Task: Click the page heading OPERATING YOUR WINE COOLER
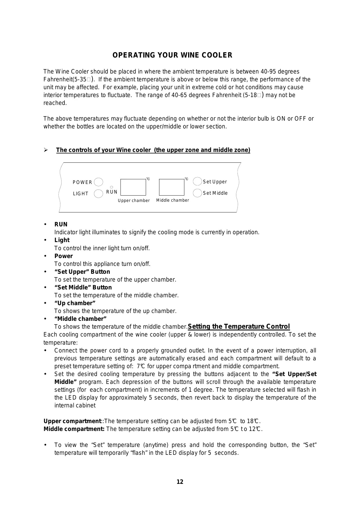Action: pyautogui.click(x=172, y=55)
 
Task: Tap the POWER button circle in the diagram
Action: pyautogui.click(x=99, y=182)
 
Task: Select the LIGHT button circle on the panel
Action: pyautogui.click(x=99, y=194)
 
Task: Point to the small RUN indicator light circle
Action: pyautogui.click(x=111, y=187)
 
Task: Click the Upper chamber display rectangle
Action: pyautogui.click(x=133, y=187)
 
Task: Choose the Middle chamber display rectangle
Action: pyautogui.click(x=172, y=187)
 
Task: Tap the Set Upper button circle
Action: pyautogui.click(x=197, y=181)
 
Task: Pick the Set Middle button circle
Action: pyautogui.click(x=197, y=193)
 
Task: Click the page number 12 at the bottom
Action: pyautogui.click(x=180, y=482)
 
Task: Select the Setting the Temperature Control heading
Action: pyautogui.click(x=239, y=326)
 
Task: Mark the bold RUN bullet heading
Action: pyautogui.click(x=61, y=224)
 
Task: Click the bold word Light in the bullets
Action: pyautogui.click(x=62, y=240)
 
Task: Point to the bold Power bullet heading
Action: pyautogui.click(x=64, y=256)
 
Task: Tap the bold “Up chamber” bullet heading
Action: pyautogui.click(x=75, y=303)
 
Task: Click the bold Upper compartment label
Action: pyautogui.click(x=72, y=421)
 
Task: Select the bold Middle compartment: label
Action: pyautogui.click(x=74, y=429)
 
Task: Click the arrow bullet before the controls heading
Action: pyautogui.click(x=46, y=150)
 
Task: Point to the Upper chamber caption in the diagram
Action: pyautogui.click(x=134, y=201)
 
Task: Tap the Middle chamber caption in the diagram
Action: pyautogui.click(x=172, y=200)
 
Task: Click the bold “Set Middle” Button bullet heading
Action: pyautogui.click(x=83, y=287)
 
